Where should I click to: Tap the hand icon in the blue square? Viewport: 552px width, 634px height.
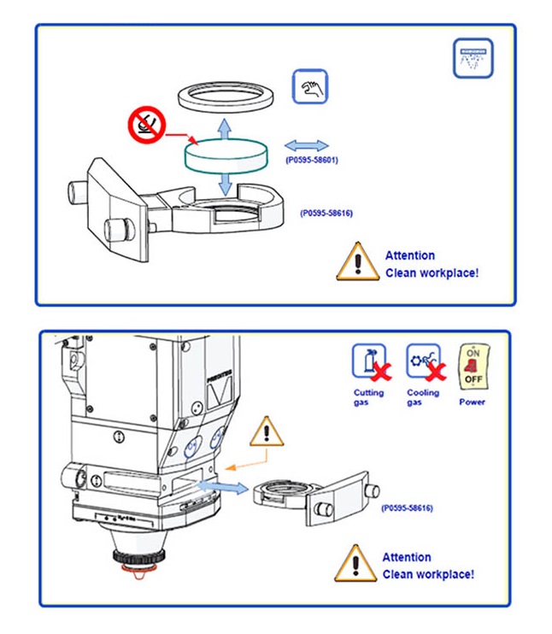(x=310, y=87)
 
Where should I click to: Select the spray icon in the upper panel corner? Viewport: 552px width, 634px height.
(x=472, y=58)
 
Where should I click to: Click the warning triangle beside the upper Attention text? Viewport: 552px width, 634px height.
(x=357, y=261)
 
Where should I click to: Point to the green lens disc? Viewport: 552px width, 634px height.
(x=226, y=156)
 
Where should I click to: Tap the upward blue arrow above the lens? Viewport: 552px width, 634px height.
(x=225, y=128)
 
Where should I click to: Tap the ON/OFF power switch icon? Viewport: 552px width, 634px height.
(x=472, y=367)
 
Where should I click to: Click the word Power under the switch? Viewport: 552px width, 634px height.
(x=472, y=402)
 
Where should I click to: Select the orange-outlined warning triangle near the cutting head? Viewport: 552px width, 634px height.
(x=267, y=431)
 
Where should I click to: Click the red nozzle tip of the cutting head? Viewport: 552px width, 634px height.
(x=137, y=568)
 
